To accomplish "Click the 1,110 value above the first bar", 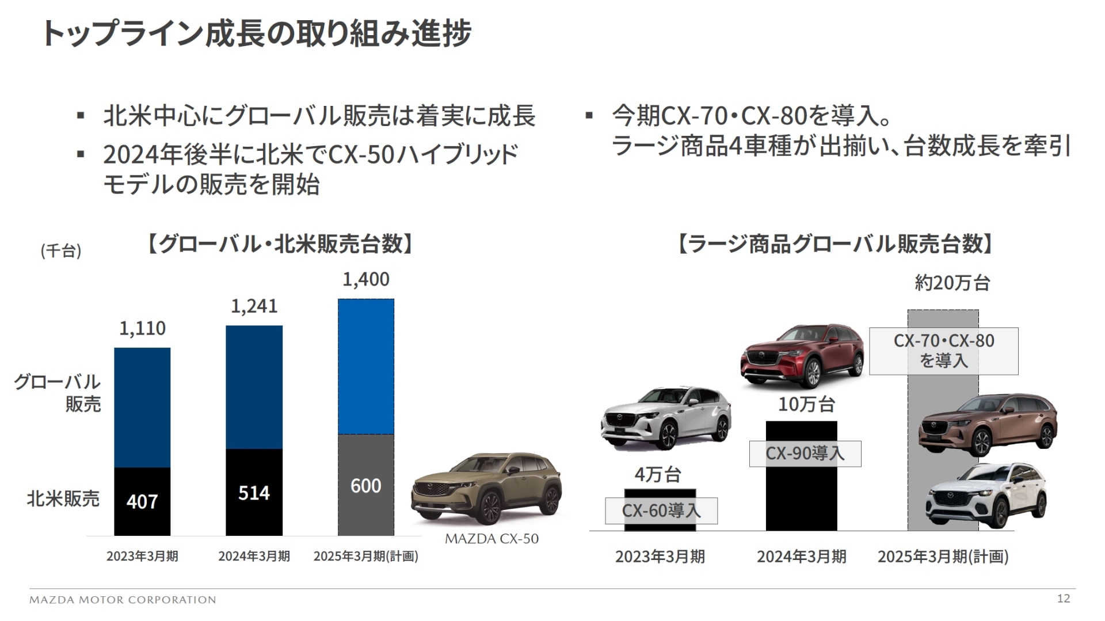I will point(142,328).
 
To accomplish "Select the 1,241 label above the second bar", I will point(254,306).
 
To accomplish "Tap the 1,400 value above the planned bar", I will point(366,280).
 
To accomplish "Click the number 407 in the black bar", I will point(142,502).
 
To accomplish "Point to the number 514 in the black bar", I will point(254,493).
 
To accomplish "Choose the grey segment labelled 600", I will point(366,486).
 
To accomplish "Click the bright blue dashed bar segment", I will point(366,366).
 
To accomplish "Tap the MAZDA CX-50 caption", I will point(491,539).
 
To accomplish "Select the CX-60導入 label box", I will point(661,510).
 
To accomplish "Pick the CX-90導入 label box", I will point(805,454).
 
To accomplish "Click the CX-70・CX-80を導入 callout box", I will point(943,351).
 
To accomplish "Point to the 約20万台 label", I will point(952,283).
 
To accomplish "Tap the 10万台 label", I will point(806,405).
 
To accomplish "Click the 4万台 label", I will point(658,475).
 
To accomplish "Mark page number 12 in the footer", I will point(1064,599).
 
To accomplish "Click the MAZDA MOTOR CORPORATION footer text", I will point(123,600).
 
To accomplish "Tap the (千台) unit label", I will point(61,251).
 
